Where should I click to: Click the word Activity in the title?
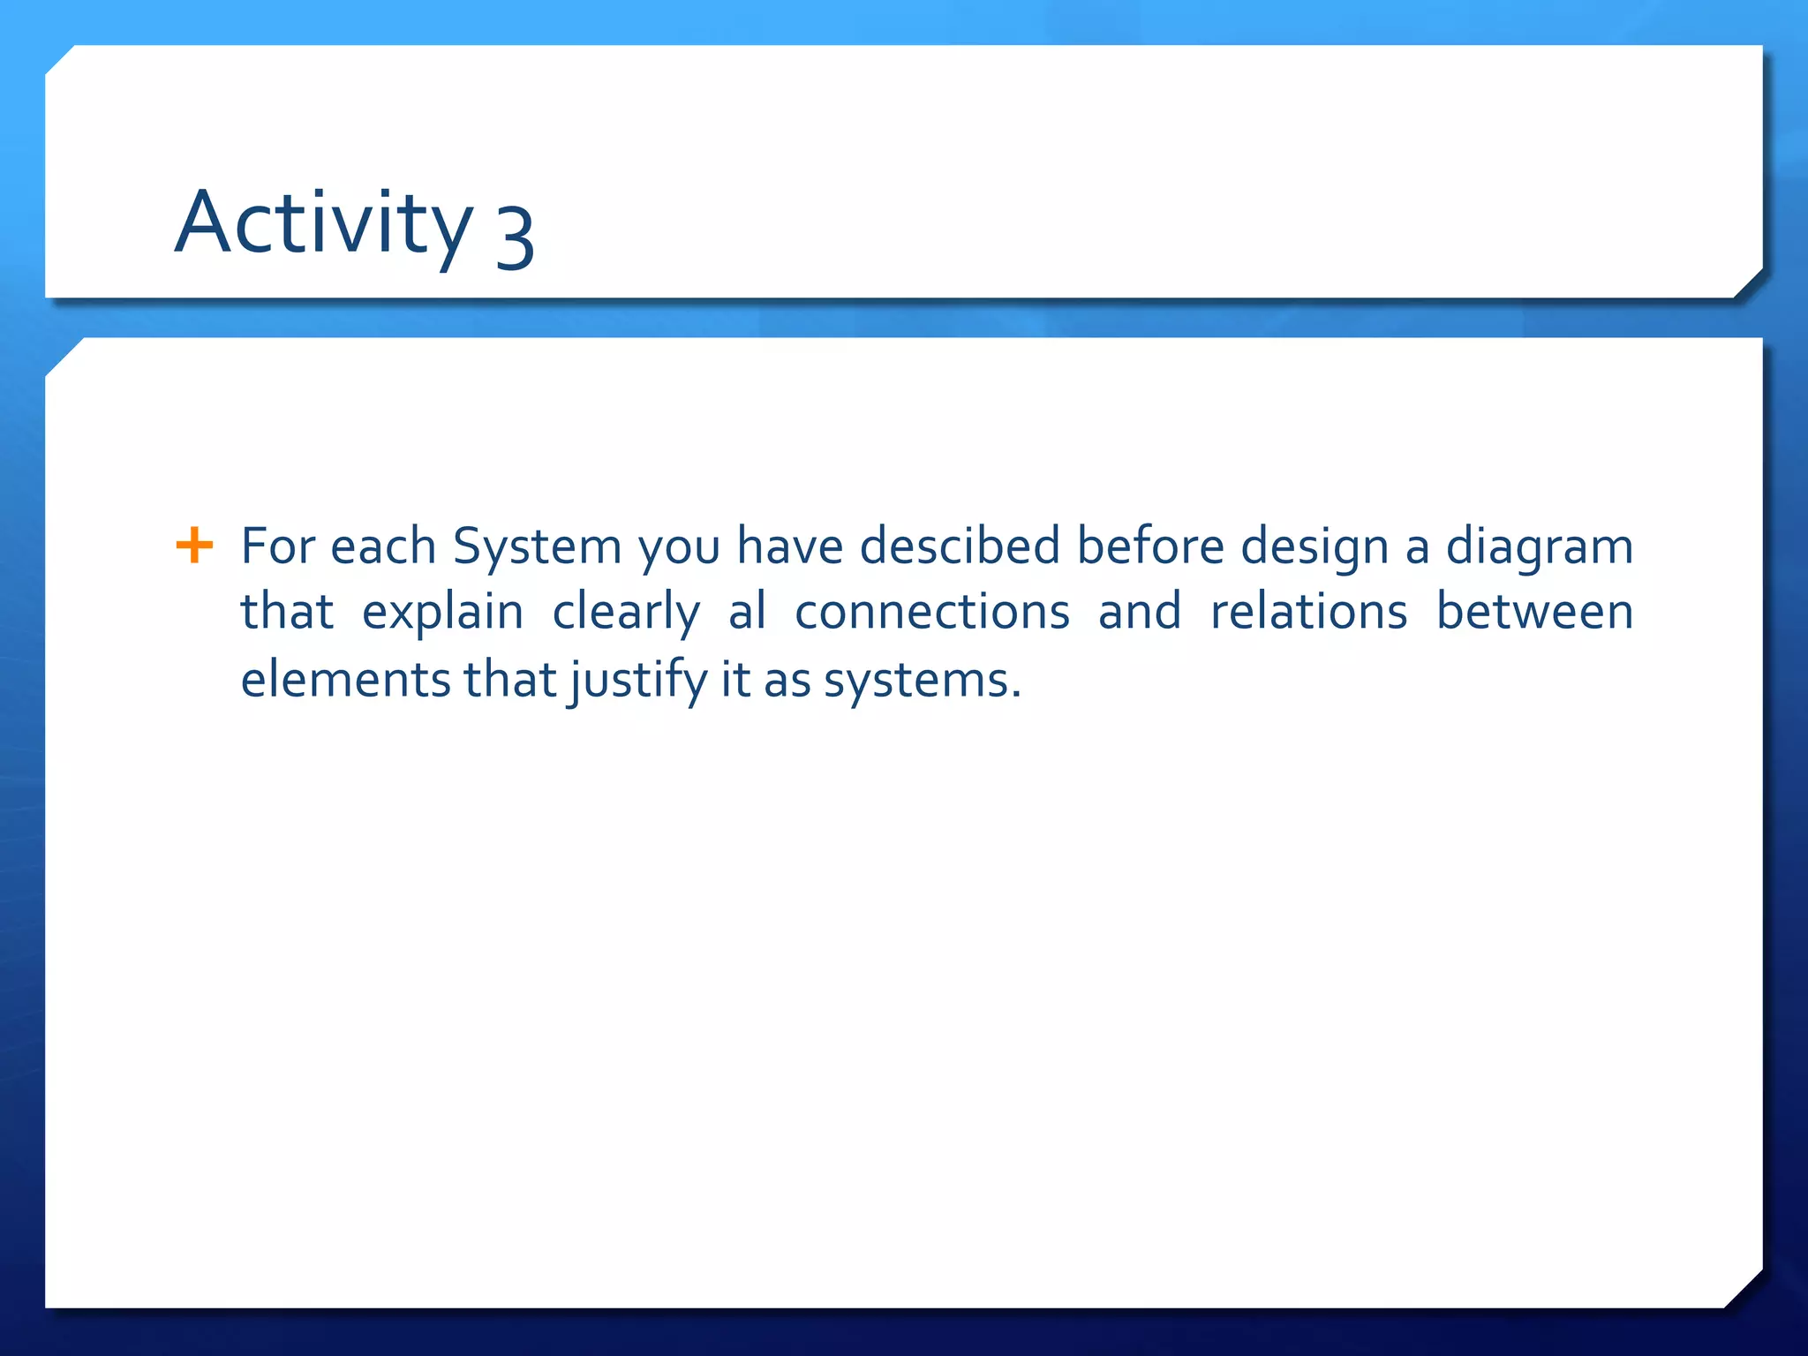click(x=323, y=224)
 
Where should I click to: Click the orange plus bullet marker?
click(x=194, y=545)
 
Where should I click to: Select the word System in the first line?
click(x=537, y=546)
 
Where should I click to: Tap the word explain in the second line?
click(x=442, y=613)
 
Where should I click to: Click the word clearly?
click(x=626, y=613)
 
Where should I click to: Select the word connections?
click(x=931, y=611)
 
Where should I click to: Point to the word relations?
click(x=1307, y=611)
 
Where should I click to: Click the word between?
click(x=1534, y=611)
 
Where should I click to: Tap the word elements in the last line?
click(x=345, y=679)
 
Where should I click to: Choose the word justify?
click(x=638, y=681)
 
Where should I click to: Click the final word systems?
click(x=922, y=681)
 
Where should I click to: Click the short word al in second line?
click(x=747, y=611)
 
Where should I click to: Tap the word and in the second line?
click(x=1139, y=611)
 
